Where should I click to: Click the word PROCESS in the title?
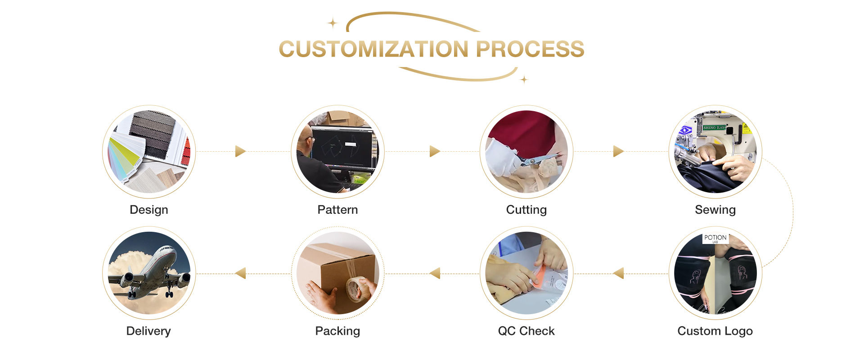530,49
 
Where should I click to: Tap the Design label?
149,210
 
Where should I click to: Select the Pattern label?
337,210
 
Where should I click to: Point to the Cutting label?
526,210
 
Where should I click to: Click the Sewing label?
715,210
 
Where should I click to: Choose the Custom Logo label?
715,331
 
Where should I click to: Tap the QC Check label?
526,331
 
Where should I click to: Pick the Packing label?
337,331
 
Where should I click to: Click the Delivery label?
148,331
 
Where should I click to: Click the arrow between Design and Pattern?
240,151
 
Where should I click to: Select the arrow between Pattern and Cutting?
434,151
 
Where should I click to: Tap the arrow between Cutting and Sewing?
618,151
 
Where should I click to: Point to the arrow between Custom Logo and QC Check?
618,273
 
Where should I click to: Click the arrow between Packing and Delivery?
240,273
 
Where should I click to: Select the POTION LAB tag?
715,238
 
